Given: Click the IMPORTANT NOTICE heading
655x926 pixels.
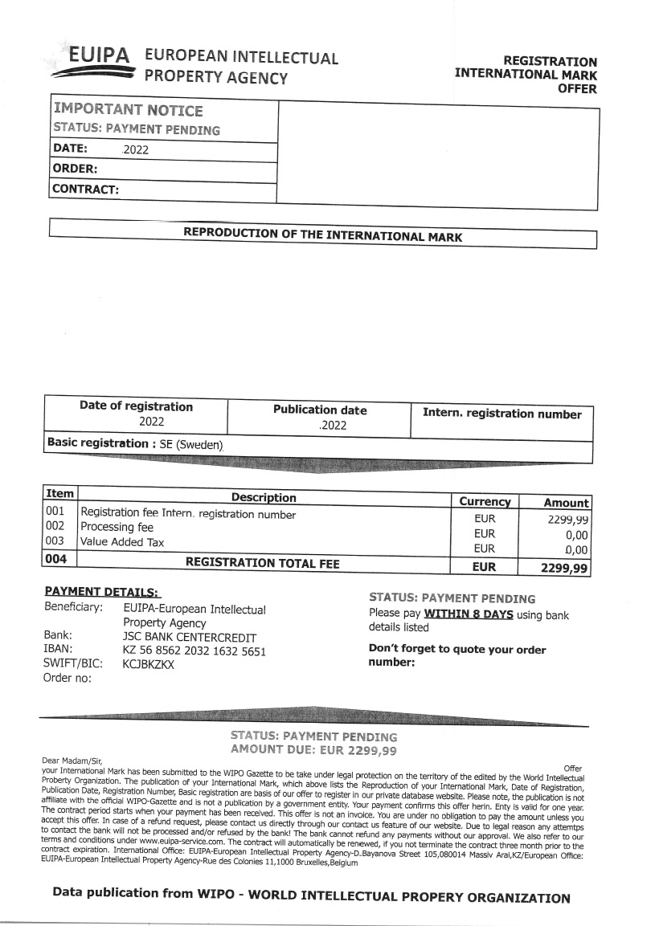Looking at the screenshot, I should point(128,110).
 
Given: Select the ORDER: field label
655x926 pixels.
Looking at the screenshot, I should point(75,169).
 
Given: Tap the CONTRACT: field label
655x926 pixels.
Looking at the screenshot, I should point(85,190).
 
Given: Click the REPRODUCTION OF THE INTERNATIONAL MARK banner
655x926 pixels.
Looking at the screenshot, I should point(322,235).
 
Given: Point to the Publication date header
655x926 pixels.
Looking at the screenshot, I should point(319,410).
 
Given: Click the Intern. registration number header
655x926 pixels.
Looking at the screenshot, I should point(501,414).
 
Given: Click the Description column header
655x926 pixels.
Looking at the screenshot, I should point(264,498).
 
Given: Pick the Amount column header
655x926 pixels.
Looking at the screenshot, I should point(566,502).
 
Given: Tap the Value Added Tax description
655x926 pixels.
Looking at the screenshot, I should point(122,542).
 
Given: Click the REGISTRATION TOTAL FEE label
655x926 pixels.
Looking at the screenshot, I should point(262,564).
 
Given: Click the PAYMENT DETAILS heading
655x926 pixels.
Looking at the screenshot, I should point(102,591).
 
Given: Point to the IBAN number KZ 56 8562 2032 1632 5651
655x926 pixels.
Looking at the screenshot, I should point(194,651).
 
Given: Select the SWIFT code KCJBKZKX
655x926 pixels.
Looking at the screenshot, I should point(149,664).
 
